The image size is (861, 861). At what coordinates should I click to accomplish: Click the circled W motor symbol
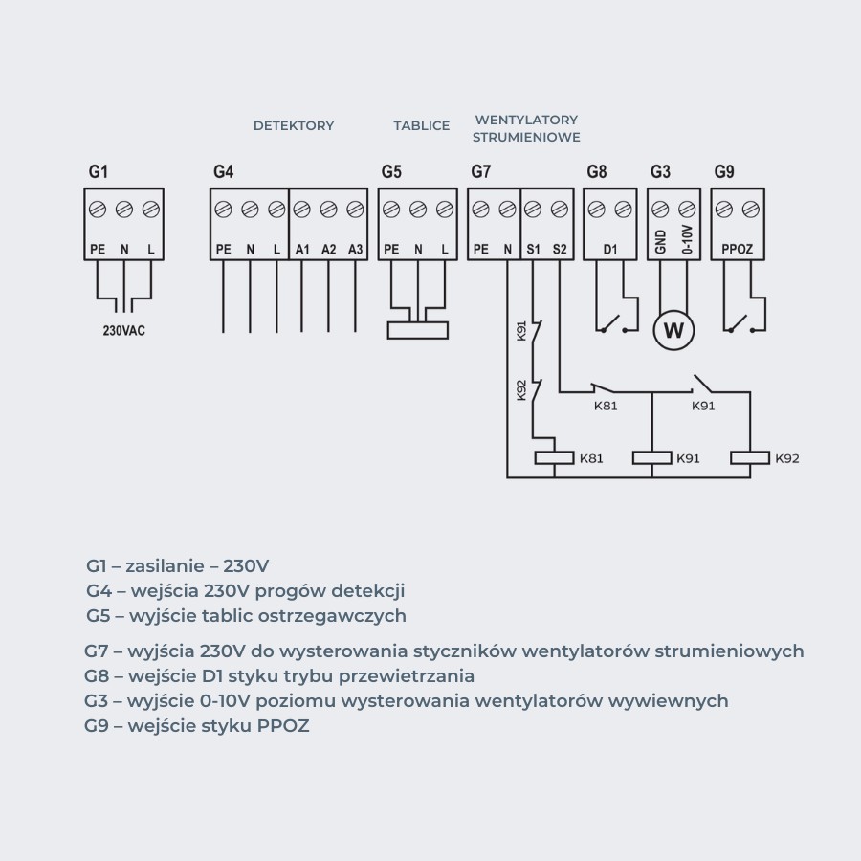coord(673,331)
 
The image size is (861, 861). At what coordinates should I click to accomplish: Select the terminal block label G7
coord(481,172)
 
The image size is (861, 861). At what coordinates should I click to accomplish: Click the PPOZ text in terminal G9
coord(738,250)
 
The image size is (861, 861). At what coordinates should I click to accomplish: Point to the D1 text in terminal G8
coord(609,250)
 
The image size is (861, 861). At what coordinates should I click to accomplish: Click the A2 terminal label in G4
coord(329,250)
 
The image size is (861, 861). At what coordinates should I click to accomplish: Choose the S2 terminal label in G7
coord(560,250)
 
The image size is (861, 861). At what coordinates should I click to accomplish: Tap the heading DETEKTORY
coord(294,125)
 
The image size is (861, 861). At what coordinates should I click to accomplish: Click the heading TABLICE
coord(421,125)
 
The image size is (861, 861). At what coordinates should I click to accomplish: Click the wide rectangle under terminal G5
coord(417,330)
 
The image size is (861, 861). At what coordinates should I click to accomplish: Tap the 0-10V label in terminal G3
coord(687,240)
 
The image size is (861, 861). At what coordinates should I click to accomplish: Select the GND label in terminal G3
coord(660,240)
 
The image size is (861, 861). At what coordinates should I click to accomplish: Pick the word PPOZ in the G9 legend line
coord(283,726)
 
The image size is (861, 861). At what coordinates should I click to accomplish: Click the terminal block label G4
coord(224,172)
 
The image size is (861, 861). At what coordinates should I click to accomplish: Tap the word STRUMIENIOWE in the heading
coord(526,138)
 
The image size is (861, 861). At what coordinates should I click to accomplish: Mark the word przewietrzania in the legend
coord(411,676)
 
